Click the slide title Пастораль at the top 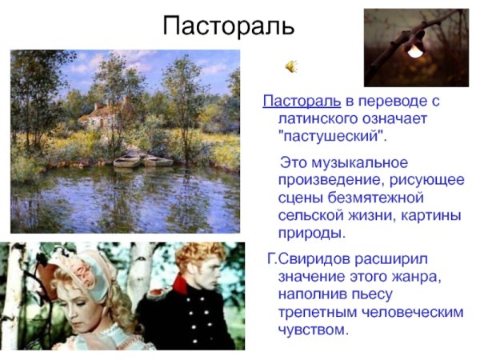click(x=229, y=26)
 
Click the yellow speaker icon click(x=292, y=66)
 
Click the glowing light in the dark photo click(x=414, y=50)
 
